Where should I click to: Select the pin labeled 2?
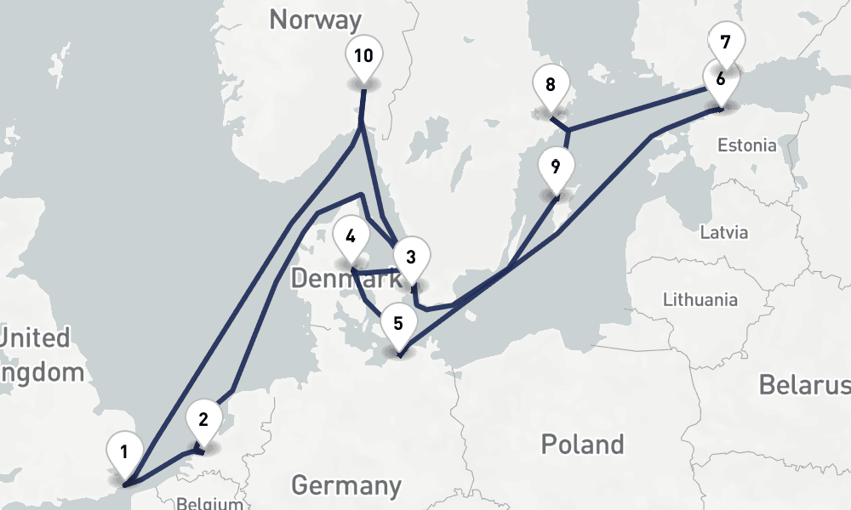(x=203, y=419)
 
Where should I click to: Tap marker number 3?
(x=410, y=257)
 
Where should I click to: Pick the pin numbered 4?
(x=351, y=235)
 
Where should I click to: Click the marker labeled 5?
(x=398, y=324)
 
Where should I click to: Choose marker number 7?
(x=725, y=42)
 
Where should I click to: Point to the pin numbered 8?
(x=551, y=85)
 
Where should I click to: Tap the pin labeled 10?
(x=363, y=57)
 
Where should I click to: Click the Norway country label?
(x=315, y=19)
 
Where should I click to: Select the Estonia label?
(x=746, y=145)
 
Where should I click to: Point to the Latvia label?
(x=723, y=232)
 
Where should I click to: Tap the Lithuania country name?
(x=700, y=299)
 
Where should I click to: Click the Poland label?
(x=583, y=444)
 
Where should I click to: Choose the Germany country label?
(x=346, y=485)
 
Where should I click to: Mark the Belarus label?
(x=804, y=384)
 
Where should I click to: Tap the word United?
(x=34, y=337)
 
